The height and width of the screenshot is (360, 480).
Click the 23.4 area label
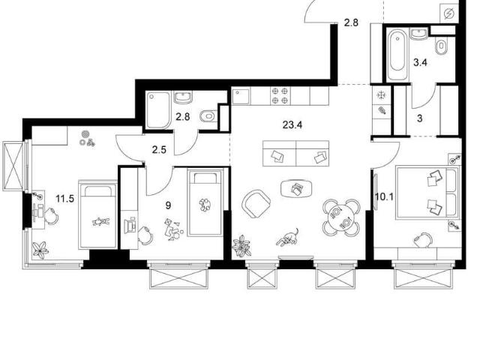(292, 125)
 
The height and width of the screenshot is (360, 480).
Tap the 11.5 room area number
(65, 199)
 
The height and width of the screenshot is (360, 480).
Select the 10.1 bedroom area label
(385, 196)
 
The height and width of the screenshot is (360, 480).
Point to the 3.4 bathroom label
(420, 63)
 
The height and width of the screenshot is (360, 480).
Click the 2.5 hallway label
(159, 150)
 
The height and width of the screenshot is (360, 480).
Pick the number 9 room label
(168, 205)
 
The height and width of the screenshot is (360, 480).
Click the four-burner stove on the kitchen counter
(280, 95)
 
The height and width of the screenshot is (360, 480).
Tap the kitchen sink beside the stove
(241, 96)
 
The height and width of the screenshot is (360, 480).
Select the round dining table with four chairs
(341, 217)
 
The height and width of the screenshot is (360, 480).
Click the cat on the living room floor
(288, 237)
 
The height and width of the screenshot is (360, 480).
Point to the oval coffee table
(297, 188)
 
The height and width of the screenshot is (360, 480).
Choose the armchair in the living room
(256, 203)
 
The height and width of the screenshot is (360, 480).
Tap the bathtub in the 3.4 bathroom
(397, 55)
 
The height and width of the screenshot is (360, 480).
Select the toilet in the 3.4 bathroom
(441, 46)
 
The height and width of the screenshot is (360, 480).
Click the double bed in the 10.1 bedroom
(427, 193)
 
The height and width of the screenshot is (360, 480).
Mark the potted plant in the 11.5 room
(40, 250)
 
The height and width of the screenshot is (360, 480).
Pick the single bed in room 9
(205, 203)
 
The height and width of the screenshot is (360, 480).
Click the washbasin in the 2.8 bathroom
(183, 97)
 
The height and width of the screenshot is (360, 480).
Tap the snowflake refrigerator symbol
(381, 95)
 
